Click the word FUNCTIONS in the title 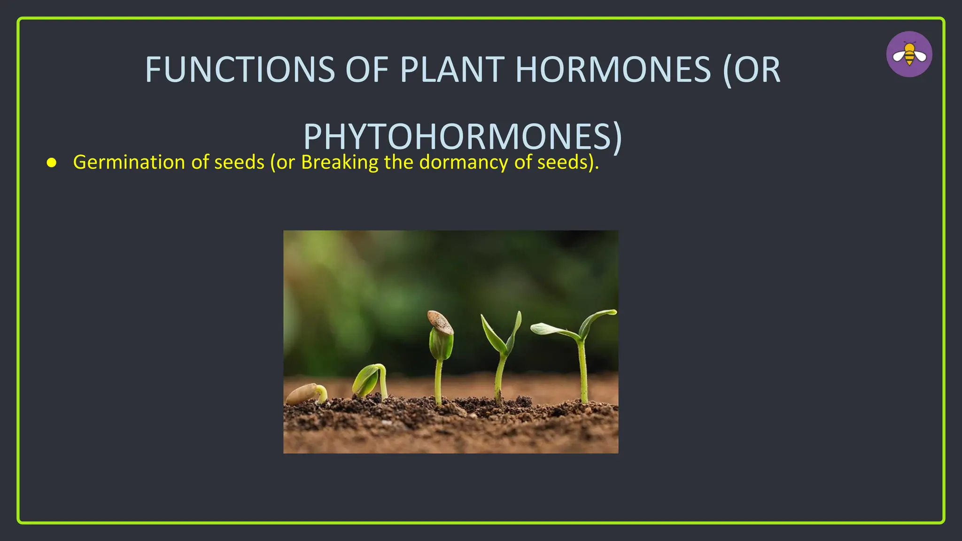[240, 70]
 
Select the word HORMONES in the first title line [613, 70]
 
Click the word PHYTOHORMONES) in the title [463, 137]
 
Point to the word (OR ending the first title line [752, 70]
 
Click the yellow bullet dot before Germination [52, 163]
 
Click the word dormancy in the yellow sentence [464, 162]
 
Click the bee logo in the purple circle [909, 54]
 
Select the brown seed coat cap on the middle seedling [440, 322]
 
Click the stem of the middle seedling [439, 380]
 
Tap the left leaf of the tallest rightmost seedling [552, 330]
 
